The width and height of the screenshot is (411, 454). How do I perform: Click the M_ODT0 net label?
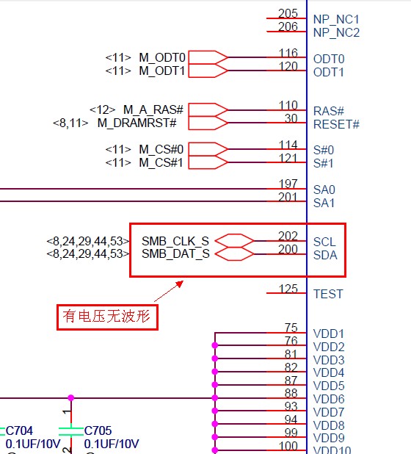click(x=162, y=57)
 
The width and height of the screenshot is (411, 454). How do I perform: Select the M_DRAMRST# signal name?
click(x=137, y=123)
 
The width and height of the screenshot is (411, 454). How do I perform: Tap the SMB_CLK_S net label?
click(x=175, y=241)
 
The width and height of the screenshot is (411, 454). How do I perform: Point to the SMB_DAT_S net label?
click(x=175, y=253)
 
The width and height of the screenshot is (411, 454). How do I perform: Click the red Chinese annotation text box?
click(x=107, y=317)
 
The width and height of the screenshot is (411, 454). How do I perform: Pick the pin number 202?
click(x=288, y=236)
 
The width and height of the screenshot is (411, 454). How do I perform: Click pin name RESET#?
click(x=336, y=124)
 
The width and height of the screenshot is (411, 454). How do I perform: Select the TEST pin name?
click(x=328, y=294)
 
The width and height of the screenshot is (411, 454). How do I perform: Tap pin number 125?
click(x=288, y=289)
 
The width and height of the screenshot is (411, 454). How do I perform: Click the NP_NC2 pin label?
click(x=336, y=32)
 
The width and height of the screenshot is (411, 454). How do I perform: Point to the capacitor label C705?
click(x=98, y=430)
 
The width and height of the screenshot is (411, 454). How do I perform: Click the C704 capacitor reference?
click(x=19, y=430)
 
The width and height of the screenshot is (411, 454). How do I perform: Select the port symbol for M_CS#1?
click(x=208, y=162)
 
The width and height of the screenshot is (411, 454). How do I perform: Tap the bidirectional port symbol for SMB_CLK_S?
click(x=234, y=241)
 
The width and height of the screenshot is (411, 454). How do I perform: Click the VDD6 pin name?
click(x=329, y=399)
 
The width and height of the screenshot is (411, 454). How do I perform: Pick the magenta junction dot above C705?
click(x=71, y=398)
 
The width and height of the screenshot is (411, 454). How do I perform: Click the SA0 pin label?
click(x=324, y=190)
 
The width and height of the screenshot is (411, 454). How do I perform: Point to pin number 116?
click(x=288, y=53)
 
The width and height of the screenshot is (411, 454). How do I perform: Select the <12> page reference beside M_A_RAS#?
click(x=103, y=110)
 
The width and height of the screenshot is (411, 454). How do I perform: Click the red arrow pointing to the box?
click(x=169, y=291)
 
